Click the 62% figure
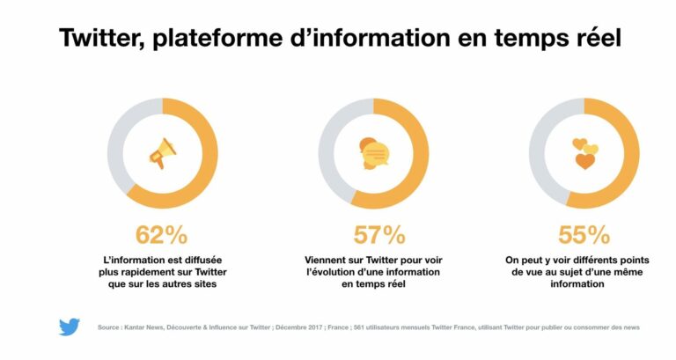pos(161,235)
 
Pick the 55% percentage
pos(584,235)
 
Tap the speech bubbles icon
pos(373,153)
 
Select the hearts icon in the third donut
pos(584,153)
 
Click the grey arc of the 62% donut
pos(123,132)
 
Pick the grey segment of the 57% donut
pos(334,132)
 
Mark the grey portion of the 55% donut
pos(544,132)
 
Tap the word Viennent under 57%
pos(328,260)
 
